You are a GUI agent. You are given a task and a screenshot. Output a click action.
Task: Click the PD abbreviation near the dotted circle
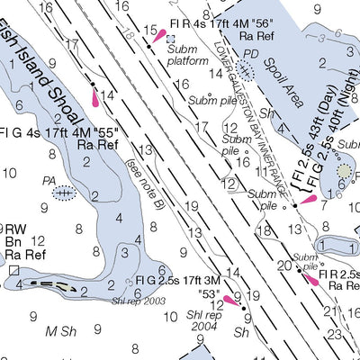pyautogui.click(x=251, y=54)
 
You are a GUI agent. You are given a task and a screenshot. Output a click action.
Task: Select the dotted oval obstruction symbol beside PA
pyautogui.click(x=63, y=193)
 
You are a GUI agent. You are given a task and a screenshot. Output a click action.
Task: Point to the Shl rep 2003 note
pyautogui.click(x=139, y=301)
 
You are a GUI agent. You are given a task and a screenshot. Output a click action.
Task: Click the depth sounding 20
pyautogui.click(x=284, y=265)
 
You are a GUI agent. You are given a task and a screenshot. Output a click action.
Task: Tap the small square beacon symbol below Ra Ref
pyautogui.click(x=14, y=268)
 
